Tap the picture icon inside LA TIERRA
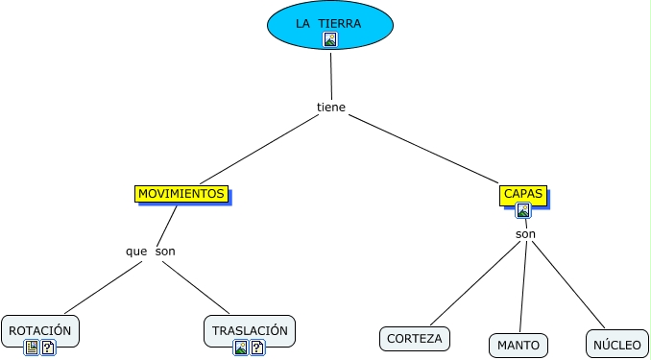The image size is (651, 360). point(330,39)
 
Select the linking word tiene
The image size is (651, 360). point(331,108)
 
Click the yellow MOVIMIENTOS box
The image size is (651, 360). point(181,194)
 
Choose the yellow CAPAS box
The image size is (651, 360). point(523,195)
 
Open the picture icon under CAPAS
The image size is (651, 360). point(523,210)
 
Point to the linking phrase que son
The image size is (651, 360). point(151,252)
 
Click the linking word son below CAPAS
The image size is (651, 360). point(525,234)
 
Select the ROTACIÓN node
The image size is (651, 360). point(40,331)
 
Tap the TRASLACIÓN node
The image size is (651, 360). point(250,331)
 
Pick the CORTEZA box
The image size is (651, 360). point(415,339)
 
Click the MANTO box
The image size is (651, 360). point(518,346)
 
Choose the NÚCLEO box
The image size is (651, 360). point(617,345)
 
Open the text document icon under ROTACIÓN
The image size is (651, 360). point(32,348)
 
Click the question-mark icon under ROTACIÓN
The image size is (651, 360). point(48,348)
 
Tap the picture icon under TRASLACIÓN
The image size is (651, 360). point(241,348)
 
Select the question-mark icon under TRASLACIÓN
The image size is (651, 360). point(257,348)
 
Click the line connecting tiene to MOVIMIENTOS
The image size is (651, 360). point(259,149)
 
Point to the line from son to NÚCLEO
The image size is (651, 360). point(568,284)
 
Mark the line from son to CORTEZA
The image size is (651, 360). point(475,283)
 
